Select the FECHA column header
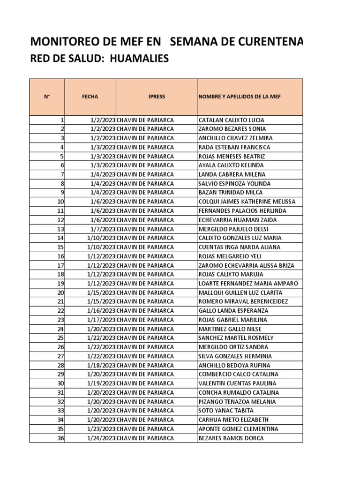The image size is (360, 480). (x=90, y=97)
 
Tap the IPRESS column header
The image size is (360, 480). (x=157, y=97)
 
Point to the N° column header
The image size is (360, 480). (x=47, y=97)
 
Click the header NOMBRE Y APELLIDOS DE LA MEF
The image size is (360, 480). (x=240, y=97)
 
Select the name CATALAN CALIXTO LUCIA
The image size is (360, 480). (x=232, y=120)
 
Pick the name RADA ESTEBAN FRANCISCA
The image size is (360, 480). (x=234, y=147)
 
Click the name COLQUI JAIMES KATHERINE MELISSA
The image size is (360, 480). (x=247, y=202)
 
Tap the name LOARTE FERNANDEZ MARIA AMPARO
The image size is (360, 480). (x=248, y=284)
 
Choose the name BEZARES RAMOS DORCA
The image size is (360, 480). (x=231, y=438)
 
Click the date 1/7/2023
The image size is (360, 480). (x=103, y=229)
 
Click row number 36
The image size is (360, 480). (x=60, y=438)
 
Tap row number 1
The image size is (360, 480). (x=62, y=120)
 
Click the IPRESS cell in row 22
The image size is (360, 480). (x=145, y=311)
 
